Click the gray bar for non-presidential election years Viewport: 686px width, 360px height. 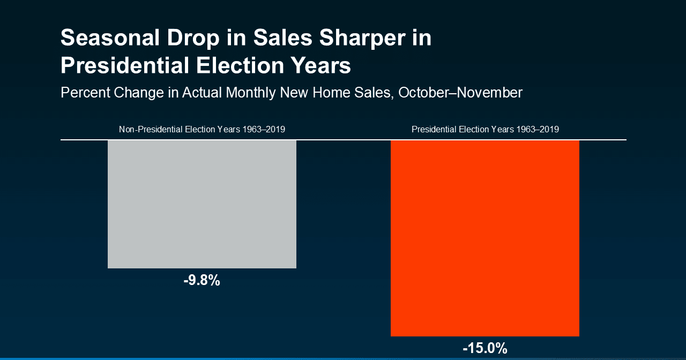[202, 204]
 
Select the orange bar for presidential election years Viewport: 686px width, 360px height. [484, 238]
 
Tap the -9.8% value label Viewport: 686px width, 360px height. [202, 280]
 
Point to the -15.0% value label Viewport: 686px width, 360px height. [484, 348]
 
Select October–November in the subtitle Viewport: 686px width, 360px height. [460, 93]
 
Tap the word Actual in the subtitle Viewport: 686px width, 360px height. [202, 93]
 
